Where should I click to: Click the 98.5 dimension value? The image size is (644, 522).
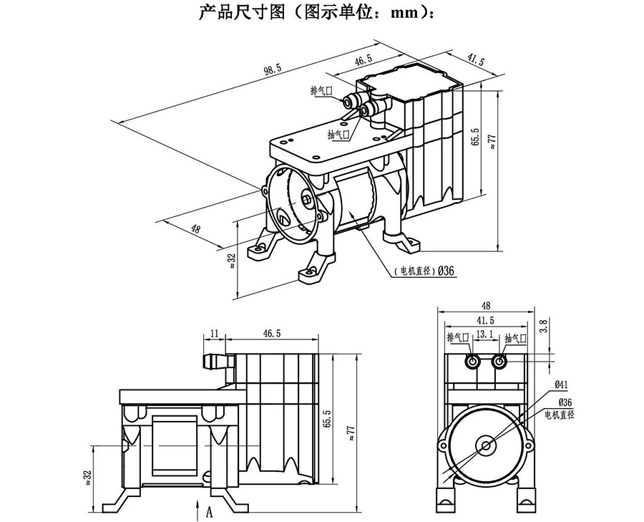click(273, 70)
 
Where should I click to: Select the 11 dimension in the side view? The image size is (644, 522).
click(213, 334)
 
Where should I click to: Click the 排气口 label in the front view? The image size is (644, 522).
click(457, 337)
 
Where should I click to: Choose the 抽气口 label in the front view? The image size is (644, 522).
click(515, 337)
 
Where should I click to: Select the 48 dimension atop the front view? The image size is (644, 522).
click(486, 304)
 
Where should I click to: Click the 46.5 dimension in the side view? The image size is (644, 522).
click(272, 334)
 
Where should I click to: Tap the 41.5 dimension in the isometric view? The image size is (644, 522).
click(476, 62)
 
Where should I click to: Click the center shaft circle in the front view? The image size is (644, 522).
click(486, 445)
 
